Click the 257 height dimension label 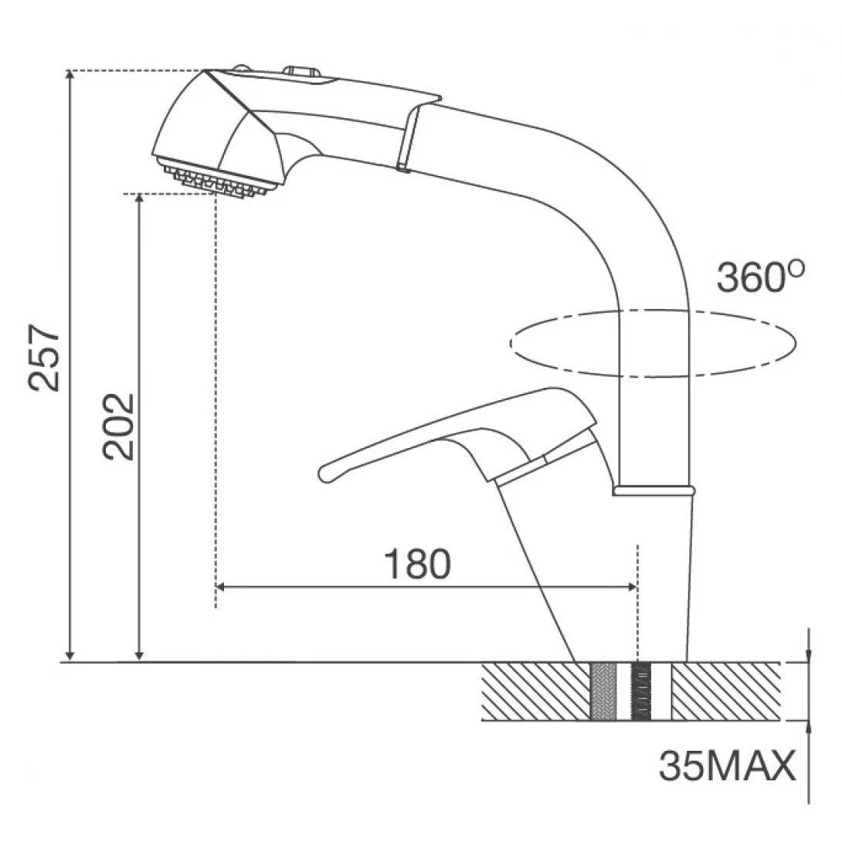45,357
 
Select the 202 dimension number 118,427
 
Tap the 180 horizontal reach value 418,564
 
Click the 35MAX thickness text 727,766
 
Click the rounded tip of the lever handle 326,473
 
